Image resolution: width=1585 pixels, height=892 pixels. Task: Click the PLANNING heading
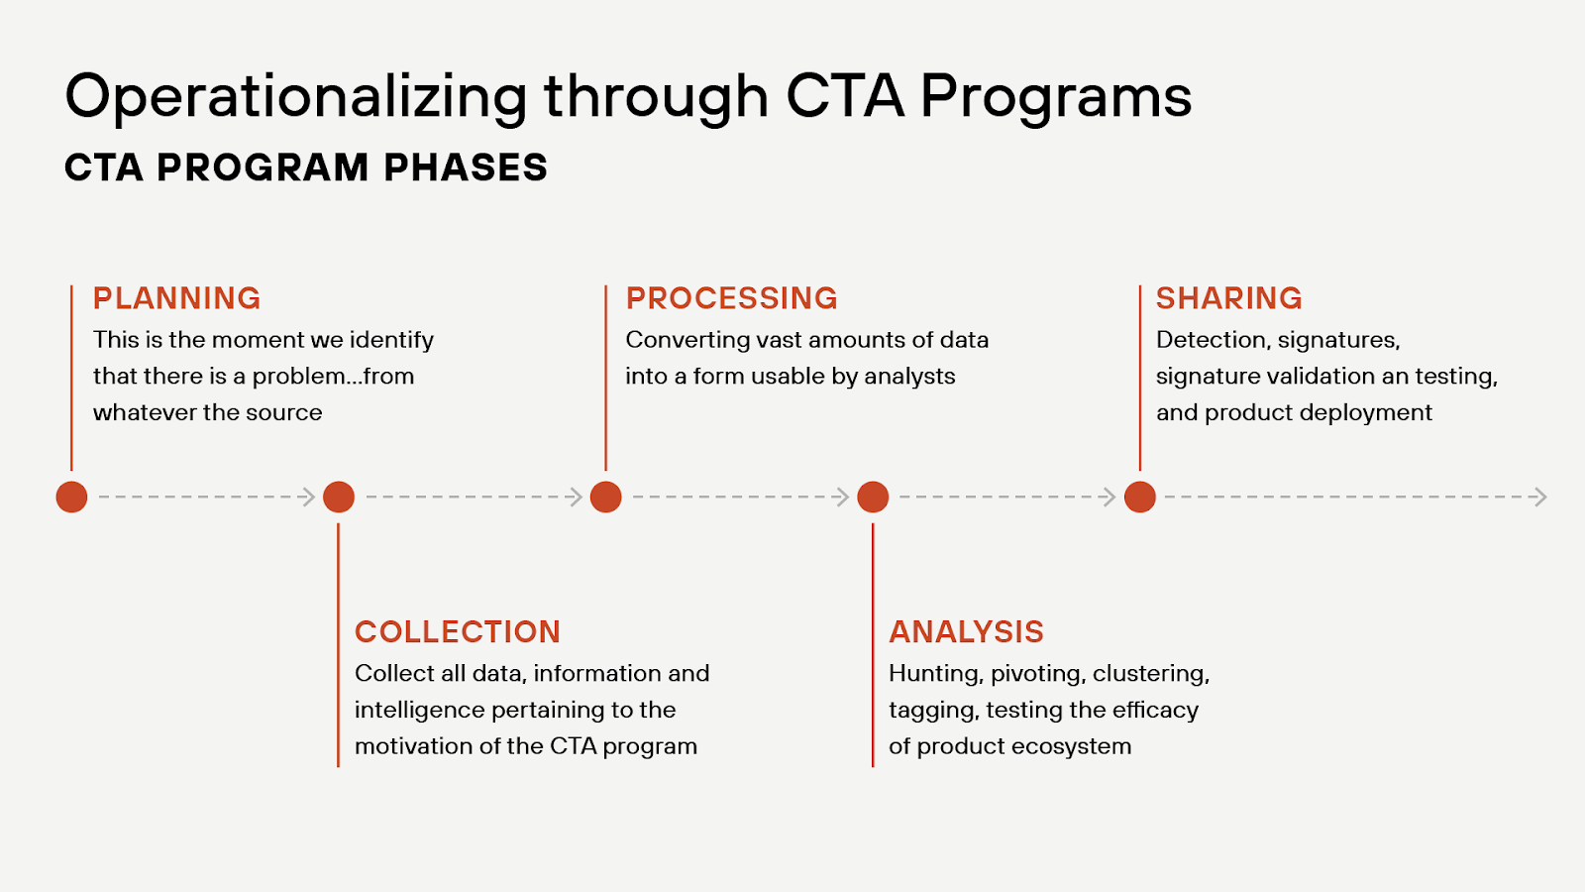pos(176,298)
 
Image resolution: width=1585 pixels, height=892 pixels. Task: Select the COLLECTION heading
pos(458,632)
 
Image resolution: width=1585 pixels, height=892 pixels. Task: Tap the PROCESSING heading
pos(731,298)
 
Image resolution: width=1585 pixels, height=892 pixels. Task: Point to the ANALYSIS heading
pos(966,632)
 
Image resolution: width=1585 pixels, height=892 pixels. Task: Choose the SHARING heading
pos(1228,298)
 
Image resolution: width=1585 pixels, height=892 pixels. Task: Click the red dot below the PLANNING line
pos(71,497)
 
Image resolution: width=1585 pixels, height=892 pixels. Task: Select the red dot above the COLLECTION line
pos(339,497)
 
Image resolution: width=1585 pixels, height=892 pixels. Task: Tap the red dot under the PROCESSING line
pos(605,497)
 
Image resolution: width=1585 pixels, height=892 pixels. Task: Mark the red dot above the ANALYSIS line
pos(873,497)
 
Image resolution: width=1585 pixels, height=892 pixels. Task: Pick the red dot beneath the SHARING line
pos(1140,497)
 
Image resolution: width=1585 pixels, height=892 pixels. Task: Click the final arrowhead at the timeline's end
pos(1539,497)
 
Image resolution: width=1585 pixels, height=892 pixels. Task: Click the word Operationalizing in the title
pos(295,98)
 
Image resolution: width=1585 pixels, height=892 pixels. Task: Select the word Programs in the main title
pos(1055,98)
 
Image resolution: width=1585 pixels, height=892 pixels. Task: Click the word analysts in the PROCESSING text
pos(909,377)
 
